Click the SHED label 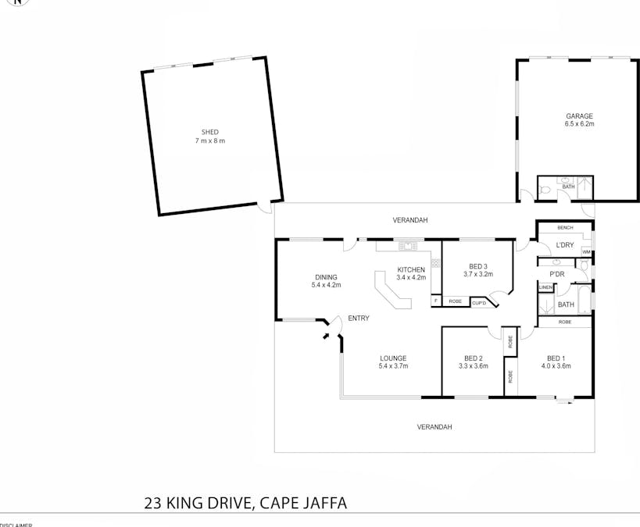coord(209,132)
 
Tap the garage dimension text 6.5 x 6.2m coord(579,124)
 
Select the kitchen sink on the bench coord(407,247)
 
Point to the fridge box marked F coord(435,301)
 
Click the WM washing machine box coord(586,252)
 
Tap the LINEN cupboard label coord(545,288)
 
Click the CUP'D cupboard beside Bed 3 coord(479,301)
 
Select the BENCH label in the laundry coord(565,227)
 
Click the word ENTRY coord(359,318)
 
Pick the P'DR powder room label coord(557,274)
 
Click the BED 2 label coord(473,358)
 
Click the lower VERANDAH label coord(434,427)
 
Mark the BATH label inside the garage coord(568,187)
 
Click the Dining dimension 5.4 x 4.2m coord(326,285)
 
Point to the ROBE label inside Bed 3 coord(455,301)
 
